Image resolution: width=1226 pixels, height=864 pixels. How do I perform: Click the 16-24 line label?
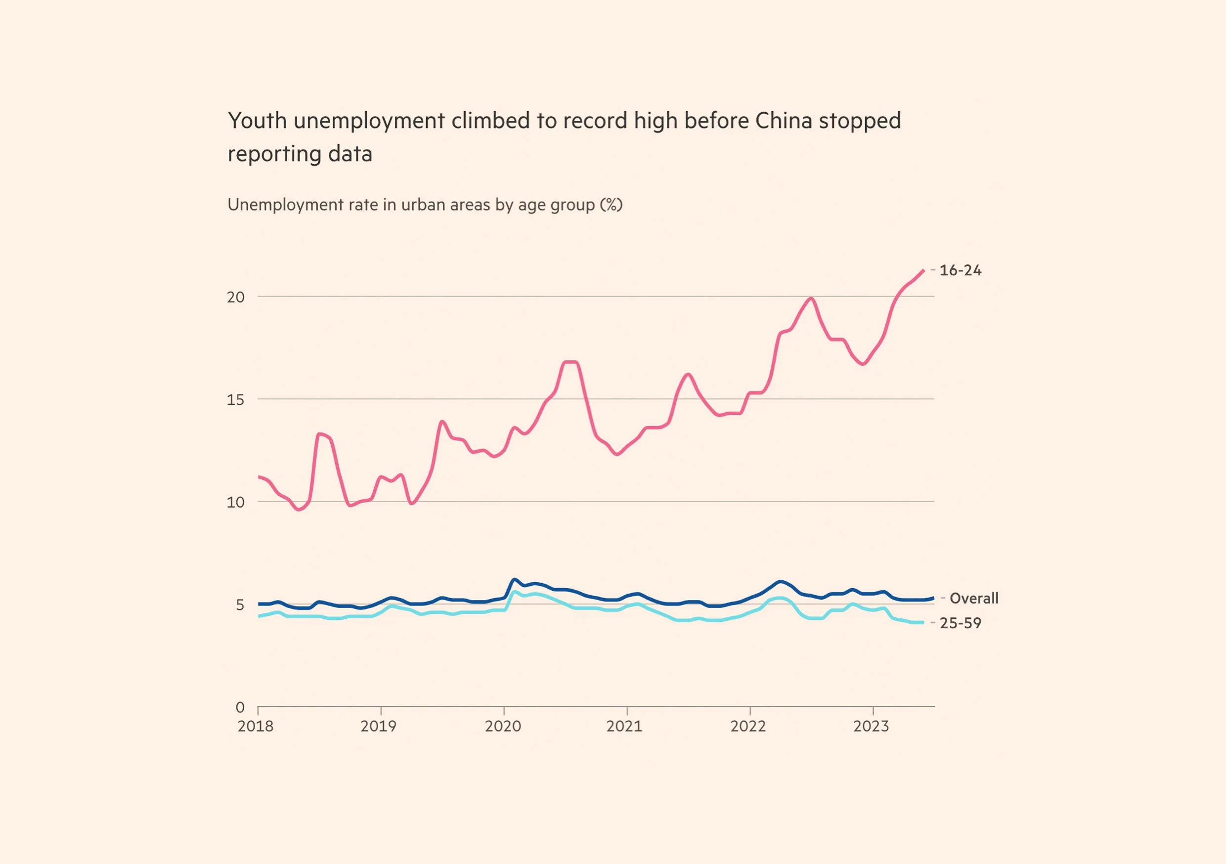point(960,270)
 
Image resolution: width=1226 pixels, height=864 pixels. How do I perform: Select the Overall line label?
point(973,598)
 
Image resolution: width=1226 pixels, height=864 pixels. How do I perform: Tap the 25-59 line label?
point(960,623)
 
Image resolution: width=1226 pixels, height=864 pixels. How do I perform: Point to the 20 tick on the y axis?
point(235,297)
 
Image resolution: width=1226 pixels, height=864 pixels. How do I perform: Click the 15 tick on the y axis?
point(235,399)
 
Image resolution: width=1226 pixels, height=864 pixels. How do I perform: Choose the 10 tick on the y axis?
point(235,502)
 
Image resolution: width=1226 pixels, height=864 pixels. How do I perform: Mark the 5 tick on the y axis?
point(240,605)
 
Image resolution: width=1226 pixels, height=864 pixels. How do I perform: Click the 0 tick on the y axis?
point(240,707)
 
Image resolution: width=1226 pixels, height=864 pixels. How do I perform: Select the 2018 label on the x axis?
point(255,726)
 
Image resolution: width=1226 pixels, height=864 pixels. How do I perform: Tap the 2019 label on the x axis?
point(378,726)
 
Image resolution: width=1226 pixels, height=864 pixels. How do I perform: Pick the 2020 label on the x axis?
point(502,726)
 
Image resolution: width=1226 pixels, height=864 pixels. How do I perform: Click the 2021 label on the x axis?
point(624,726)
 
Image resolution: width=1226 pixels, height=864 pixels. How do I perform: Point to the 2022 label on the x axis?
point(748,726)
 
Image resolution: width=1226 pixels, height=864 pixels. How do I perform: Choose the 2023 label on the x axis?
point(871,726)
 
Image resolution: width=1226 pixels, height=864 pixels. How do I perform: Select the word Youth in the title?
point(258,121)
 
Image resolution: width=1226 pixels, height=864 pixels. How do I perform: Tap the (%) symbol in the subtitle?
point(611,205)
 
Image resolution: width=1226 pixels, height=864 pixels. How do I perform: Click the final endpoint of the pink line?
point(923,271)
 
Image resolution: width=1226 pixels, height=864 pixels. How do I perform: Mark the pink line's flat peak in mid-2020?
point(570,363)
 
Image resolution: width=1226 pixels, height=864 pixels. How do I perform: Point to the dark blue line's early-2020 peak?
point(514,579)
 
